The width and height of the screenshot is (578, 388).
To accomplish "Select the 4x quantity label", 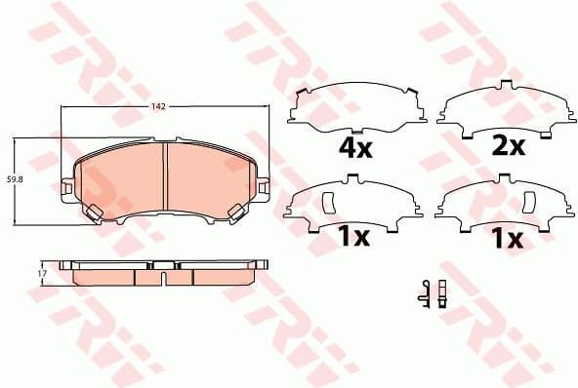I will click(355, 149).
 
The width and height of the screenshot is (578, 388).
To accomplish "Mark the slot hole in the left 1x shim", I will click(328, 202).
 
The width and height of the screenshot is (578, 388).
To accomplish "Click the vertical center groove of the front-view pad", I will click(166, 175).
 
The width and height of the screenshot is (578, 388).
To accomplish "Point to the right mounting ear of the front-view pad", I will click(264, 185).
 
